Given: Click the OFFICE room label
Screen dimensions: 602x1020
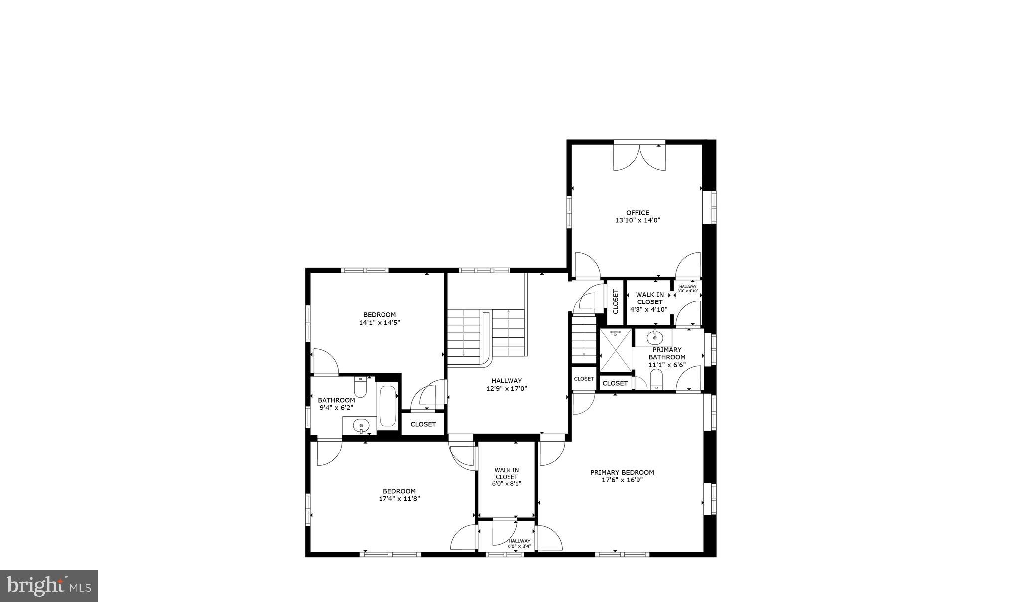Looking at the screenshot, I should click(x=637, y=213).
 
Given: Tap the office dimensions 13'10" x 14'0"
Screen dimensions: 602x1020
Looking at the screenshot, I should click(x=637, y=220).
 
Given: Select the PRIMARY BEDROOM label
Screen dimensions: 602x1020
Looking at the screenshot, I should click(x=622, y=472).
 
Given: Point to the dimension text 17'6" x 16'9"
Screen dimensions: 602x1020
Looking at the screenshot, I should click(x=622, y=480).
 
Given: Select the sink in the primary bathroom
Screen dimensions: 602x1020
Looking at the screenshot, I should click(x=654, y=338).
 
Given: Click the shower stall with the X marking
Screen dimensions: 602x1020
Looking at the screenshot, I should click(x=616, y=350).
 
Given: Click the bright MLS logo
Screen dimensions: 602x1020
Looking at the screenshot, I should click(x=49, y=586).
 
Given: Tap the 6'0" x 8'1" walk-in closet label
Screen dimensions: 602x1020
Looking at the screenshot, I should click(x=507, y=477).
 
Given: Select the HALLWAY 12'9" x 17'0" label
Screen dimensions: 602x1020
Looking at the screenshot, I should click(x=507, y=385).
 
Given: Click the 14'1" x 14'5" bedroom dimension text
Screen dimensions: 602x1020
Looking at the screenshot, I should click(x=380, y=322).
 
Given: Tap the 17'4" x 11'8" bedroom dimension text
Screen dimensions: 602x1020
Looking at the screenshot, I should click(x=399, y=498).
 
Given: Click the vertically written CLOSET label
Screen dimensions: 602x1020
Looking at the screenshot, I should click(x=615, y=302).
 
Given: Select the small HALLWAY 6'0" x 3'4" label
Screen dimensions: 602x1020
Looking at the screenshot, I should click(x=519, y=543).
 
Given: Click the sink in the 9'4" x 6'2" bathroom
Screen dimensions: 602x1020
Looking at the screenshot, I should click(x=361, y=426).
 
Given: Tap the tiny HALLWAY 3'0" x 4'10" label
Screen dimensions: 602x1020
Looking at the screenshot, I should click(x=688, y=288).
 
